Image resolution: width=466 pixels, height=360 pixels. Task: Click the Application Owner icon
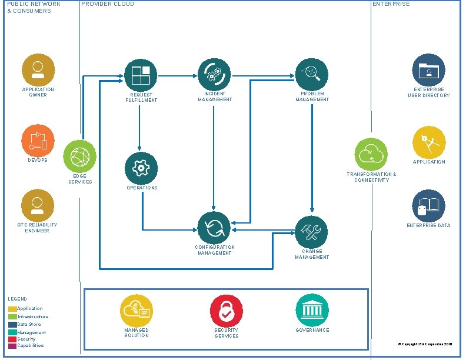coord(38,70)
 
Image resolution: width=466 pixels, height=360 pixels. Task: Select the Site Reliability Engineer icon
coord(38,205)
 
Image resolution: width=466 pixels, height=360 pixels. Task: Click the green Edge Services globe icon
coord(79,156)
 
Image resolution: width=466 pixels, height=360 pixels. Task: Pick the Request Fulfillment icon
coord(141,75)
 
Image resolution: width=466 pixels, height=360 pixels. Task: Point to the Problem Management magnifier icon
coord(311,74)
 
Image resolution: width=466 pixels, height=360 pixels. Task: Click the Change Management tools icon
coord(311,232)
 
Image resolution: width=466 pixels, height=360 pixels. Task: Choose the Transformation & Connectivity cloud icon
coord(371,155)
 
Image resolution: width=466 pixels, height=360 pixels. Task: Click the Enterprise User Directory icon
coord(428,71)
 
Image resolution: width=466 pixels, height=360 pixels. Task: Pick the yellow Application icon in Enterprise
coord(429,142)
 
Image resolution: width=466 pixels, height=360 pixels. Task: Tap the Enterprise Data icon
coord(428,206)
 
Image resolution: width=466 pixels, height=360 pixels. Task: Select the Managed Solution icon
coord(137,310)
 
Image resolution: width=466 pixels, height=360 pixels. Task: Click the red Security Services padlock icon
coord(227,310)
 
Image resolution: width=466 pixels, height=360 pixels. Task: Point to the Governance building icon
coord(312,310)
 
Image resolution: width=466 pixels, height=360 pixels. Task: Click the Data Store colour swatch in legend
coord(12,324)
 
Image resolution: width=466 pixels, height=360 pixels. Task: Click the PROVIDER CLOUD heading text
coord(108,4)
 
